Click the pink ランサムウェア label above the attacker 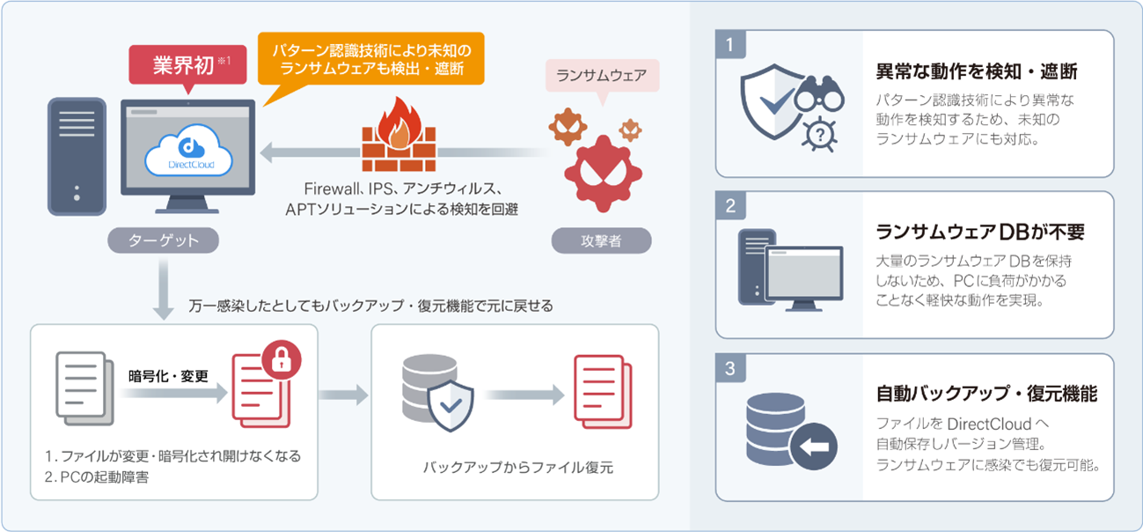click(603, 76)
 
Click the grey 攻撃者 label click(603, 240)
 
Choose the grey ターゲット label click(163, 240)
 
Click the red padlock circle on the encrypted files click(282, 358)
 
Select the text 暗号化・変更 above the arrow click(169, 376)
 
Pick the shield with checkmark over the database click(450, 404)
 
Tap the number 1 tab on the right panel click(730, 45)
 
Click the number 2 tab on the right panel click(730, 206)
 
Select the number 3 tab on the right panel click(730, 367)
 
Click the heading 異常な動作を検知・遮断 click(977, 71)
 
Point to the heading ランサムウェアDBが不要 click(980, 232)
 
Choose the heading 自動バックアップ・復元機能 click(986, 394)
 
